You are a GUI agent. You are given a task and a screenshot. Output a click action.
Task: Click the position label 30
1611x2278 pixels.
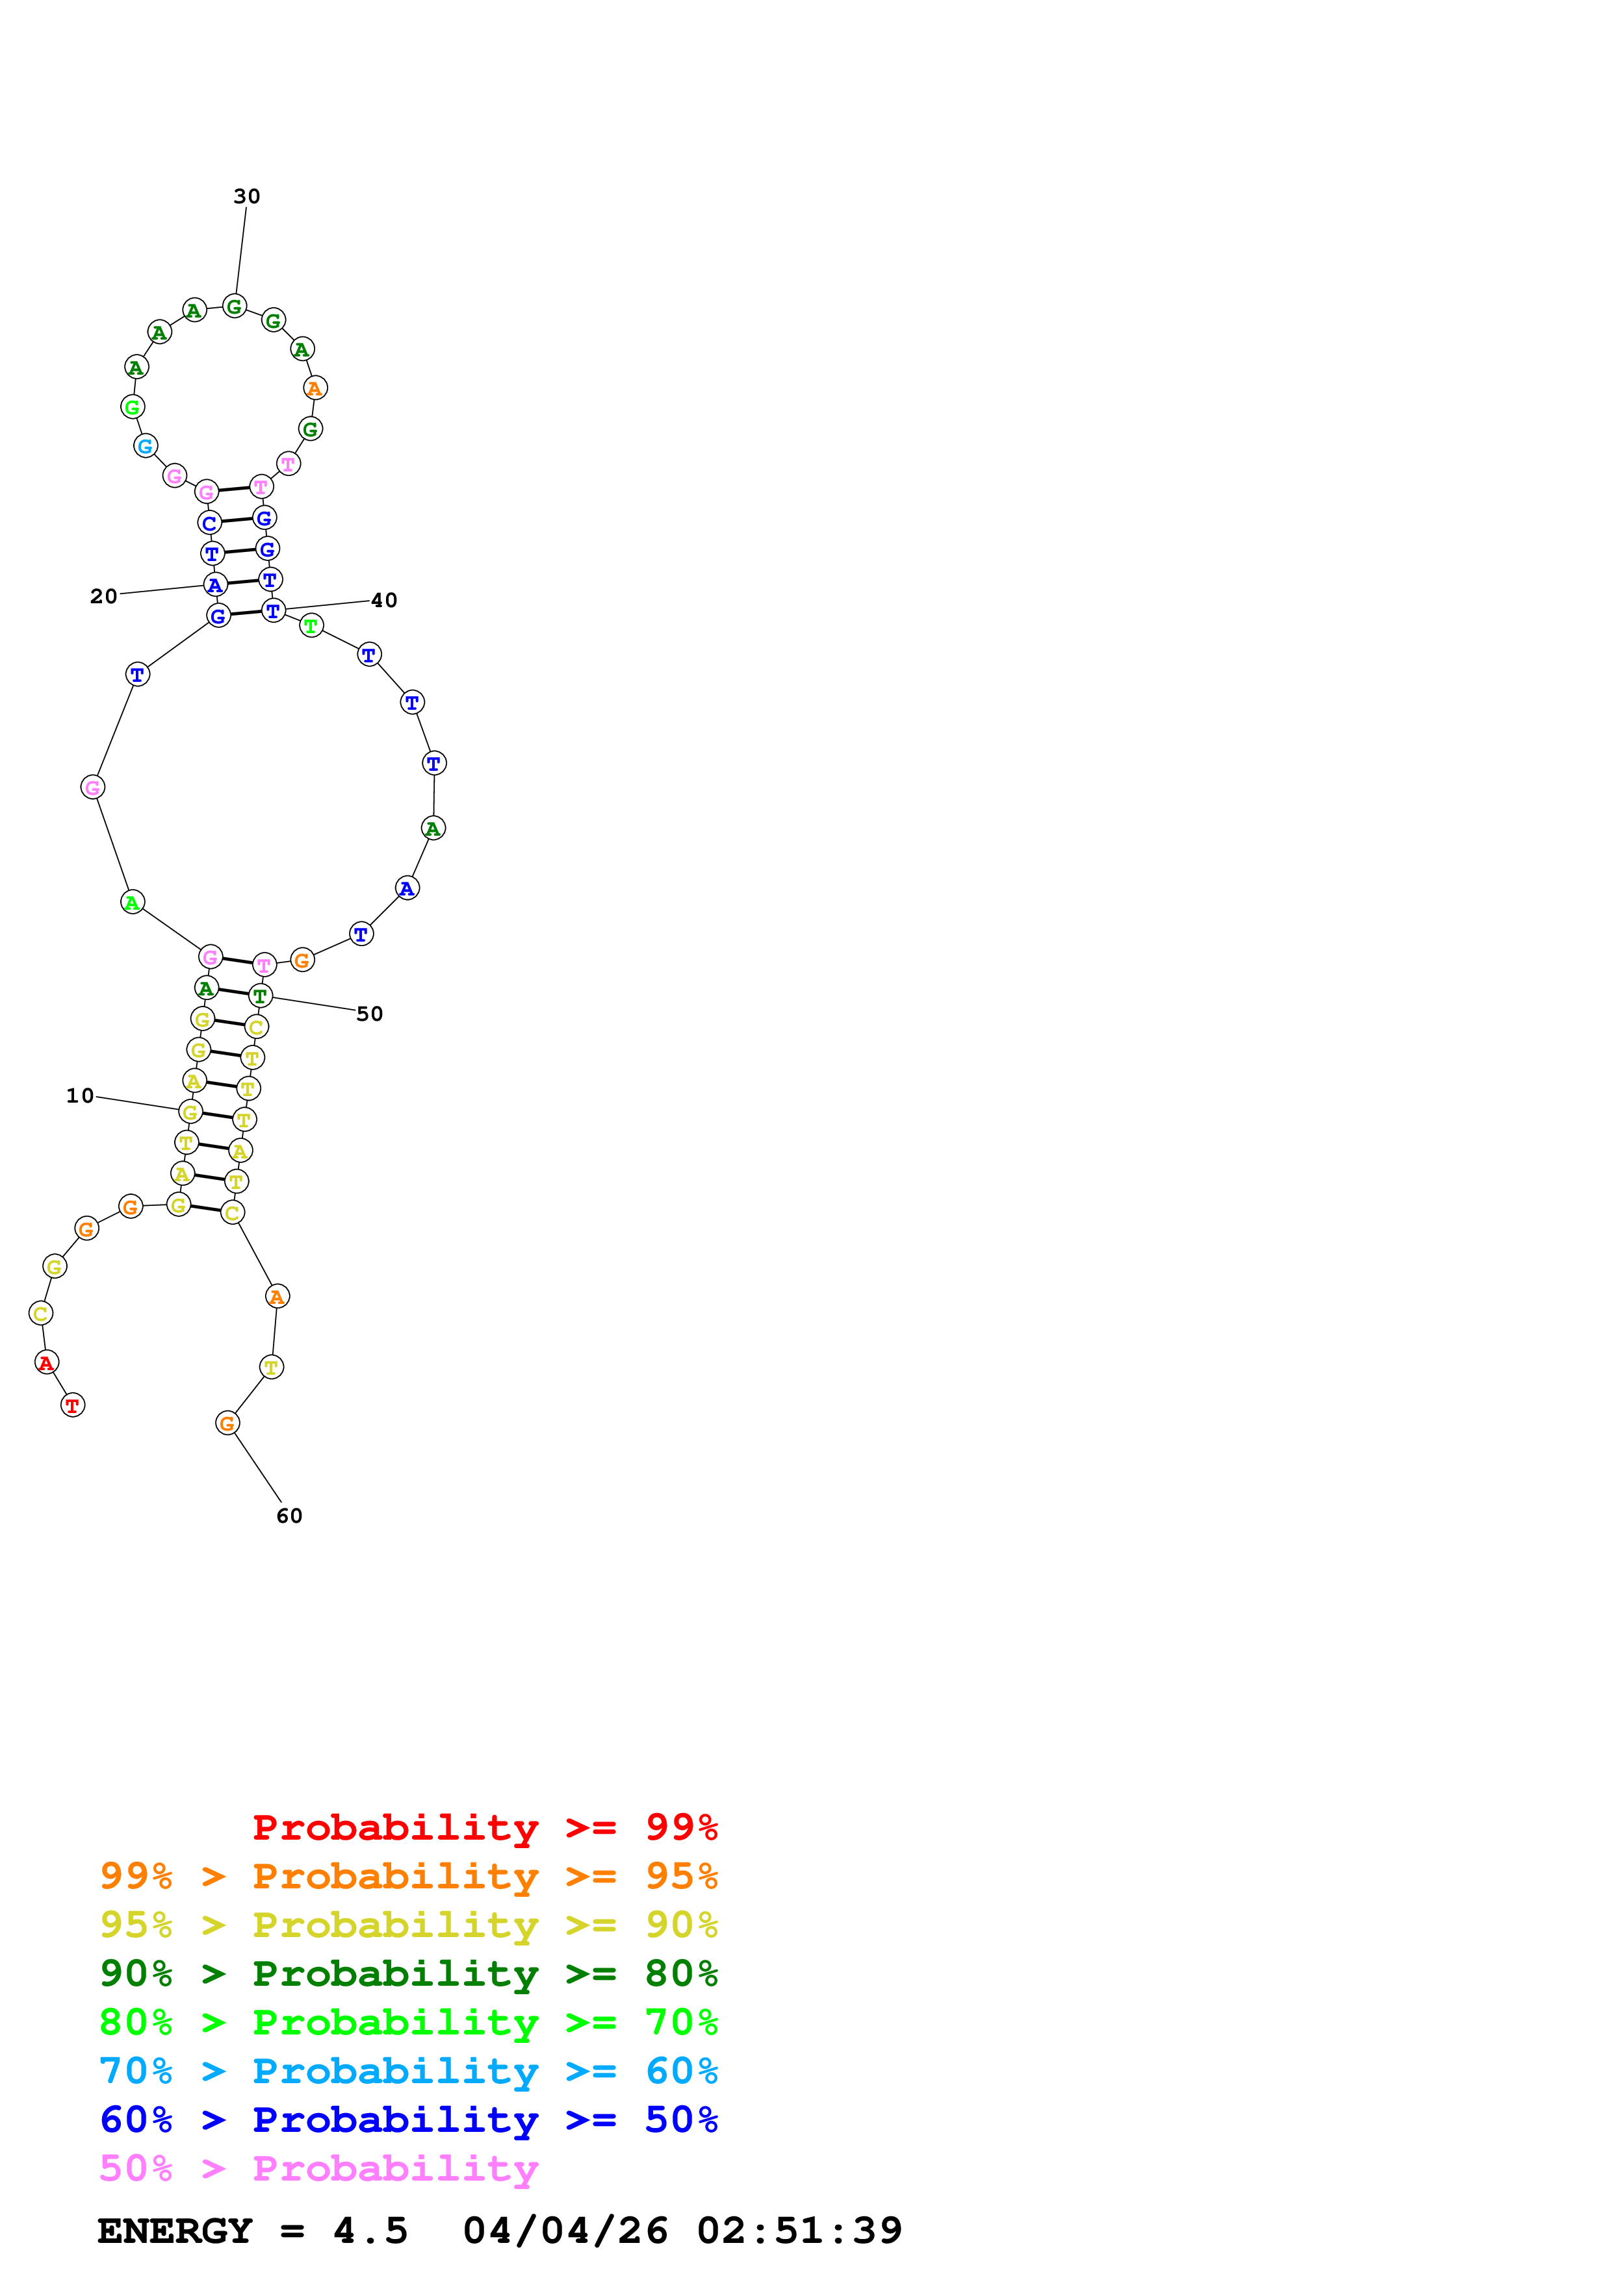(x=246, y=197)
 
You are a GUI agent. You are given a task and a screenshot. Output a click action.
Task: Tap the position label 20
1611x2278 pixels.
(x=103, y=596)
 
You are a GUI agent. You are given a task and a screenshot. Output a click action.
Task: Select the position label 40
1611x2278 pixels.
(x=383, y=600)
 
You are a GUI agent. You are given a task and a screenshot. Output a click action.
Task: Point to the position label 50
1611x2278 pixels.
(x=369, y=1014)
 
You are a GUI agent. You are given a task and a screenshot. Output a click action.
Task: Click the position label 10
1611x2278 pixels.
(x=79, y=1095)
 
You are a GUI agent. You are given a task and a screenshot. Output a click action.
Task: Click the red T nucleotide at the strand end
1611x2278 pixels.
(x=73, y=1405)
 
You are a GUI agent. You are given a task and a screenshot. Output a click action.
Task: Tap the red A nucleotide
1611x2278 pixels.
(x=45, y=1362)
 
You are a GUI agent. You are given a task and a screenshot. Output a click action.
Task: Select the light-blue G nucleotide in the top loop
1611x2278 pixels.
(x=145, y=447)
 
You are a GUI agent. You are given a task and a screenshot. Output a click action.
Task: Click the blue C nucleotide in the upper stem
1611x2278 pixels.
(x=209, y=523)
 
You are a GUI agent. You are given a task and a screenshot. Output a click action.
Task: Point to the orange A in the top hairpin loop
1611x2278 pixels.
(x=315, y=388)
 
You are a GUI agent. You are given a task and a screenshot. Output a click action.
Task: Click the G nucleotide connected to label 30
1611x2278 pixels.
(x=234, y=307)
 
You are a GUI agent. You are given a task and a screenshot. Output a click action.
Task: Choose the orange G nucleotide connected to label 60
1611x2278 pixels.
(x=227, y=1423)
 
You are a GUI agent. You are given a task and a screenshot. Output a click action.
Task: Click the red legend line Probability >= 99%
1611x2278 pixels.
(x=484, y=1827)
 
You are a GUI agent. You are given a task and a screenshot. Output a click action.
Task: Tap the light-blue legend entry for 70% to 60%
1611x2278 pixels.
(x=408, y=2071)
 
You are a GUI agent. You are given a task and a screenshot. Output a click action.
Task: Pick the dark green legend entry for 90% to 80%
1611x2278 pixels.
(x=408, y=1973)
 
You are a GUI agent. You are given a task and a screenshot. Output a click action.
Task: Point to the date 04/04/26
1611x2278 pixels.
(x=565, y=2231)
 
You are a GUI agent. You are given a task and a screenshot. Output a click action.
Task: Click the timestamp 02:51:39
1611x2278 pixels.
(x=799, y=2231)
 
